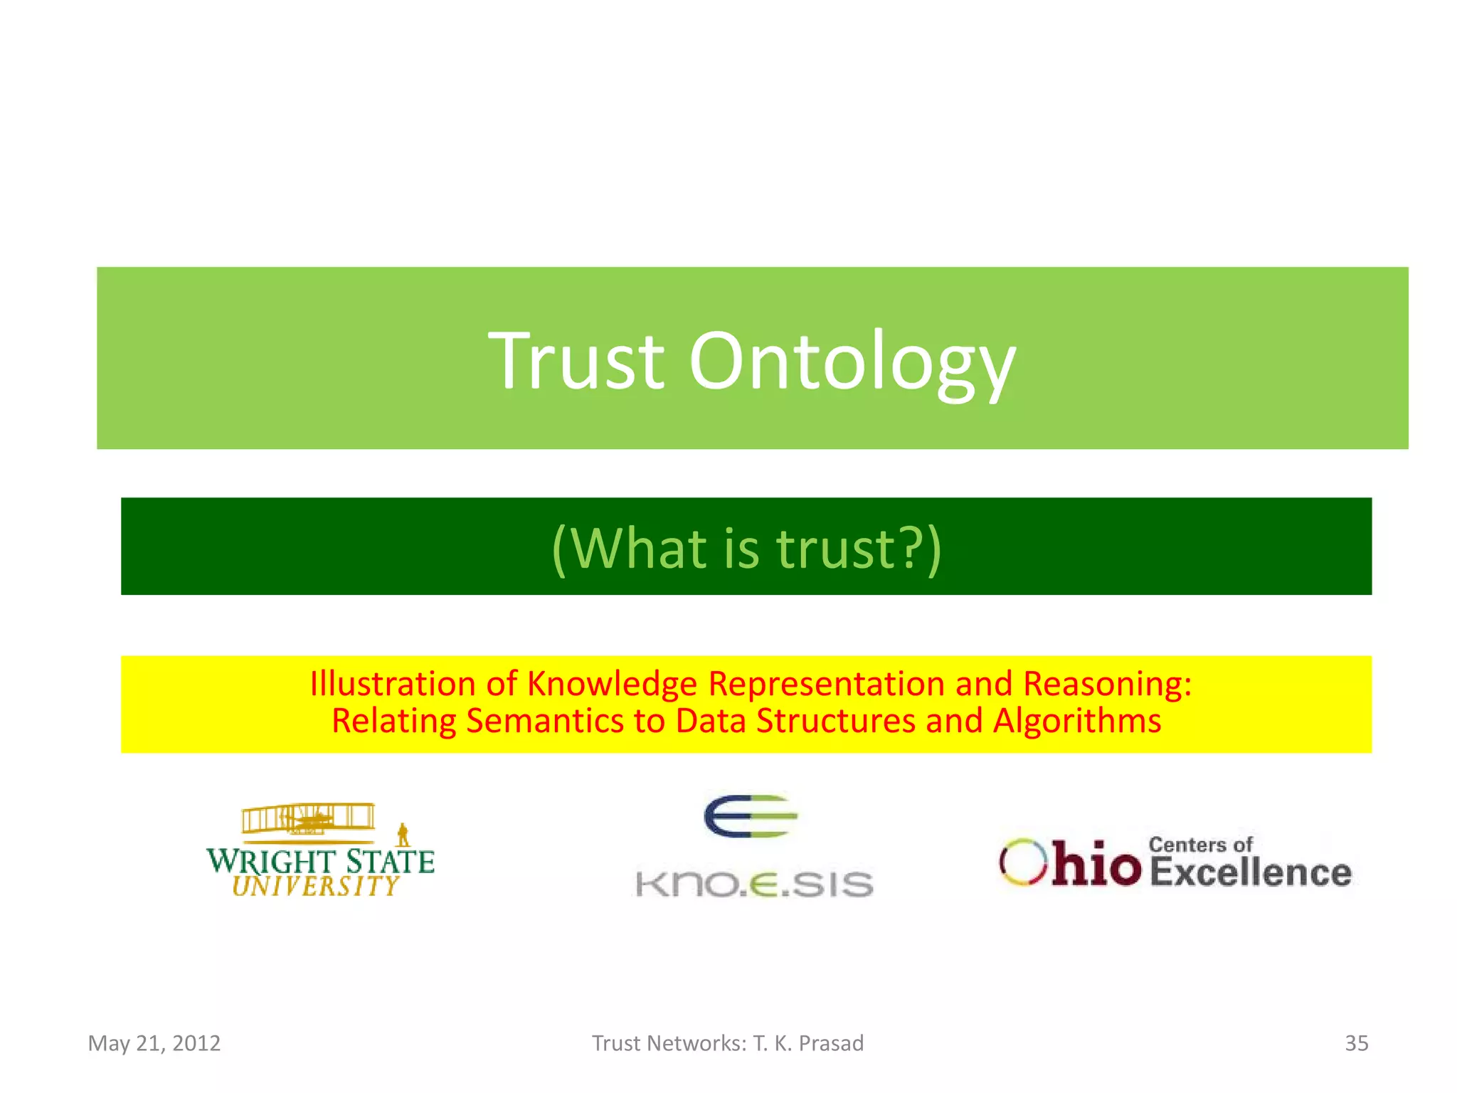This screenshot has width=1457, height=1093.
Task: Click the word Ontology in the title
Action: click(852, 363)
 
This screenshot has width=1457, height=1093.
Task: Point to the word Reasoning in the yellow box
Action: click(1107, 684)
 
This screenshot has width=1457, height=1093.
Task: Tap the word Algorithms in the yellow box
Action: click(1077, 721)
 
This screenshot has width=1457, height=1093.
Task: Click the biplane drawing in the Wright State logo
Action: click(308, 818)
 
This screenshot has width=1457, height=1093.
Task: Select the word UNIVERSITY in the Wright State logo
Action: click(316, 886)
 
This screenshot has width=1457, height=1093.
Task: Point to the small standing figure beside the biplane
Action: click(403, 835)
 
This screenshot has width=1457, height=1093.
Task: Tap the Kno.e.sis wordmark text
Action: click(754, 885)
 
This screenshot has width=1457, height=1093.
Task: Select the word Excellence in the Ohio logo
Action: click(1250, 872)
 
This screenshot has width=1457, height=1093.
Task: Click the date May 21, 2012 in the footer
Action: click(154, 1043)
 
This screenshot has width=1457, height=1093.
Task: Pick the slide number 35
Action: click(1356, 1043)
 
